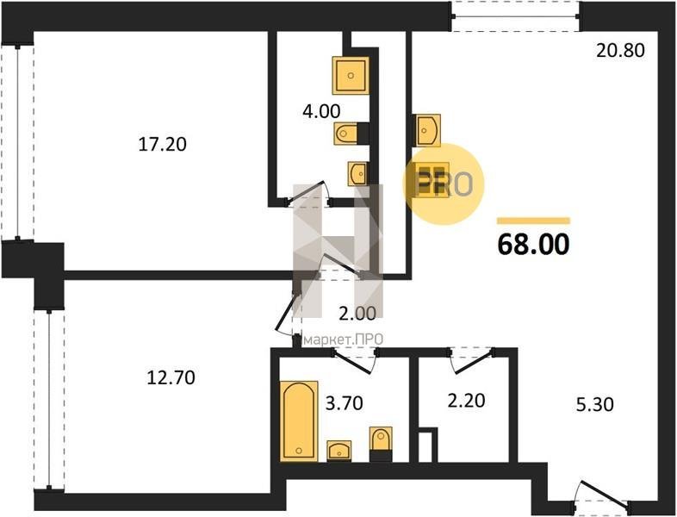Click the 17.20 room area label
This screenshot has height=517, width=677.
(162, 144)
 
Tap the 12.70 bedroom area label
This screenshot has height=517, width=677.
(171, 378)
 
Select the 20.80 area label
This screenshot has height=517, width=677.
(620, 51)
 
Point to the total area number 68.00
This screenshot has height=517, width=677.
(534, 245)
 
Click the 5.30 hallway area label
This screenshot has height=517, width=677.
(595, 405)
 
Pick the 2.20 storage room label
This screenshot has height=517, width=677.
(466, 401)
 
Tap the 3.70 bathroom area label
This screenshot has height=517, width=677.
(345, 403)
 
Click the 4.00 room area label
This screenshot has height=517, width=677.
(321, 111)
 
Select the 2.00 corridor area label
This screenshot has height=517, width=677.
(357, 314)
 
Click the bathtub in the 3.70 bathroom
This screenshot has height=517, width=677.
(299, 420)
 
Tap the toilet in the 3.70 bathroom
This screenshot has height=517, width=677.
(381, 444)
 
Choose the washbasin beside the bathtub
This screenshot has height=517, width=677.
(339, 451)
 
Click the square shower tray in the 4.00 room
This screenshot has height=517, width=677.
(351, 76)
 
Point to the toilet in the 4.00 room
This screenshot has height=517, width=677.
(351, 134)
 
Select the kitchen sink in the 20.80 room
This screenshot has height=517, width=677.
(427, 130)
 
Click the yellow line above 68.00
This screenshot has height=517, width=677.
(534, 221)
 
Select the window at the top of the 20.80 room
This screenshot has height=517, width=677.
(517, 17)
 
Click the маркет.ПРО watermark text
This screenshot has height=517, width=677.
(344, 339)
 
